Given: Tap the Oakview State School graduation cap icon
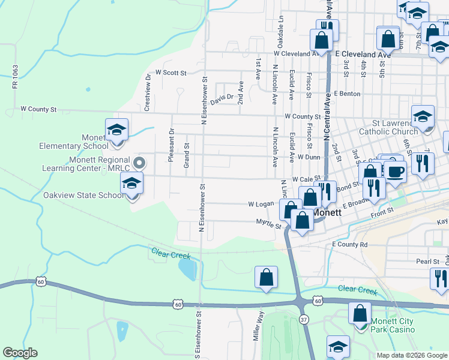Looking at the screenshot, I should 131,184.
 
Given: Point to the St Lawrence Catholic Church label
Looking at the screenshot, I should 388,127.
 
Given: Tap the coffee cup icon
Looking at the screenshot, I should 394,172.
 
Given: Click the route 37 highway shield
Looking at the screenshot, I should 304,320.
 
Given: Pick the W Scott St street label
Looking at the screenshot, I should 170,73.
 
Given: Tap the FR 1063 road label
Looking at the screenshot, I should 16,77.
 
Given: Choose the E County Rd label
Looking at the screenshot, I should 349,245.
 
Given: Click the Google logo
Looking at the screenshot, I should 20,353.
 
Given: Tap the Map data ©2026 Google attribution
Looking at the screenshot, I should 411,355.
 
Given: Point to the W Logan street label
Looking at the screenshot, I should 261,204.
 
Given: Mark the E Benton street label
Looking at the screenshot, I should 348,94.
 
